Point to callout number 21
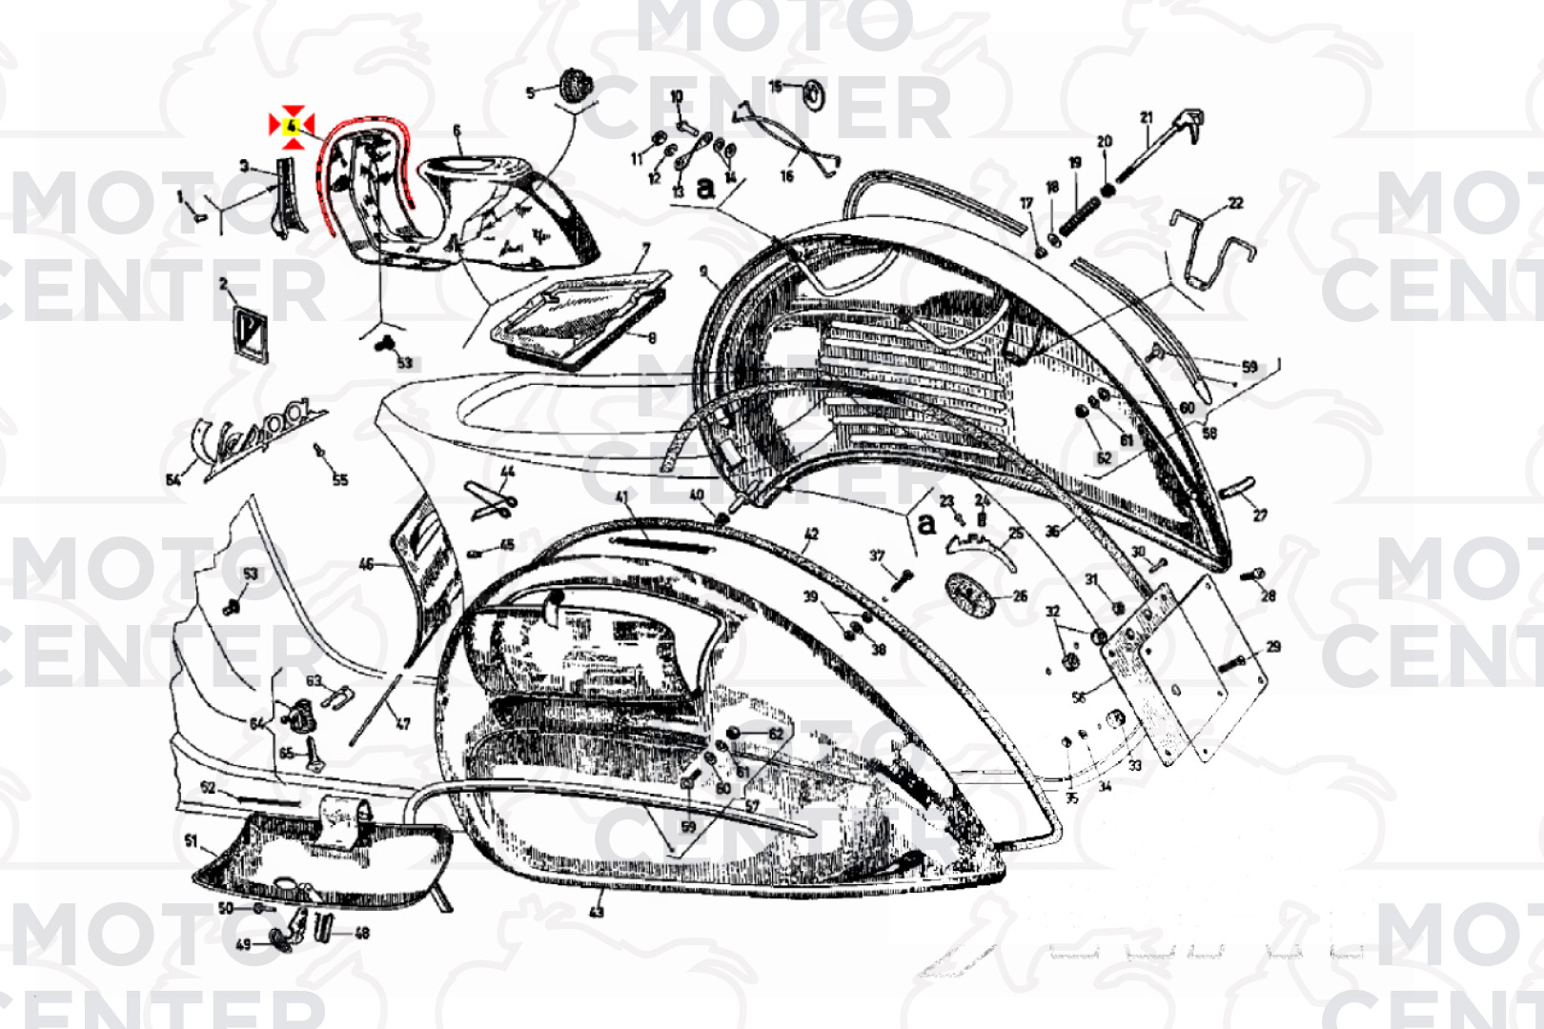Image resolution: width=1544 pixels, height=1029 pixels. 1146,118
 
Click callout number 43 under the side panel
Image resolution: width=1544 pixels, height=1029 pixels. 597,912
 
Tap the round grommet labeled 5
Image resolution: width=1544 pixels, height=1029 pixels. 574,85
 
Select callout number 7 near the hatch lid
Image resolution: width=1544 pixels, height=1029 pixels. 646,250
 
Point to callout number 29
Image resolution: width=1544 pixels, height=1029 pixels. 1273,647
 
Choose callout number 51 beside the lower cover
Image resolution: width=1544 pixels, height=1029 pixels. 192,840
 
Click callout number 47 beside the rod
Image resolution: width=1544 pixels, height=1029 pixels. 403,724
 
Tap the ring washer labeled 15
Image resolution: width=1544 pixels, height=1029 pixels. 814,93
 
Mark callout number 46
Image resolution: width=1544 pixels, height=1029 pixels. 366,564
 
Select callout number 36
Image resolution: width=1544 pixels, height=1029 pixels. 1052,532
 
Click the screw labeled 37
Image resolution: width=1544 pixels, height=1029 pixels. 902,576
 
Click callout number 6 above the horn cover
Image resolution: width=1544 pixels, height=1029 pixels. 457,131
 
